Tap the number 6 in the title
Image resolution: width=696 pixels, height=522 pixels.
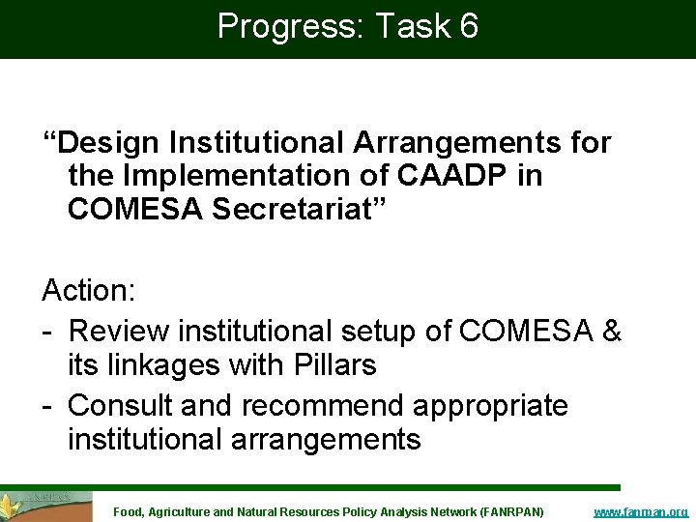(x=468, y=26)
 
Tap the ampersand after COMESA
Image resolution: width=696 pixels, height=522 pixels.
(x=611, y=331)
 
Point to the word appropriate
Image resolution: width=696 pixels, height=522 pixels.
(x=493, y=405)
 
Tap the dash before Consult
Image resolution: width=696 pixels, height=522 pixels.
(x=47, y=405)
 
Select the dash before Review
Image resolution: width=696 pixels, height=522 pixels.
(x=47, y=331)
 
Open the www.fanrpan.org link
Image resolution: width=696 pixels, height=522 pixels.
(x=640, y=511)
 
